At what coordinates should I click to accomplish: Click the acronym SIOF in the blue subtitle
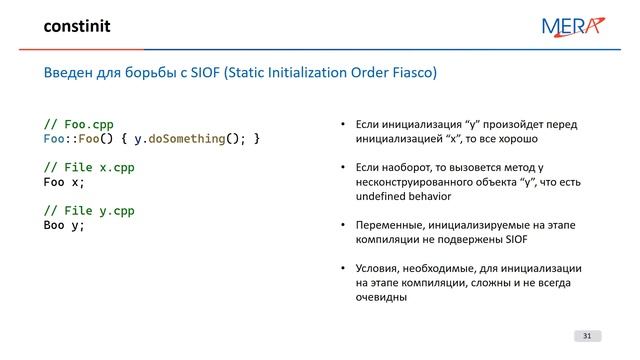pos(212,74)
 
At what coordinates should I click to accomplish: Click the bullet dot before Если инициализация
pos(342,126)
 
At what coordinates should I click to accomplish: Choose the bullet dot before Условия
pos(342,269)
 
